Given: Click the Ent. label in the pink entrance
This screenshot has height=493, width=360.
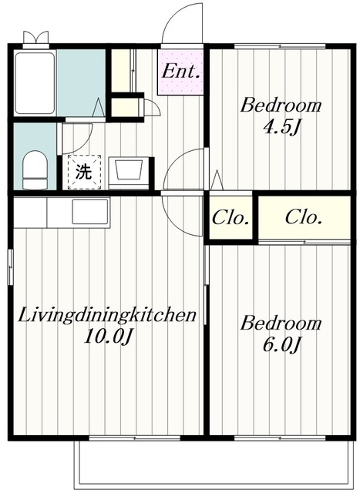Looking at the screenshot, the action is pyautogui.click(x=181, y=72).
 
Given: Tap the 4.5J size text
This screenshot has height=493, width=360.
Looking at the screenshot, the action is pyautogui.click(x=281, y=127).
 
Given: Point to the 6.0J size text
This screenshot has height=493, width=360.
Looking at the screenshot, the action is pyautogui.click(x=281, y=345).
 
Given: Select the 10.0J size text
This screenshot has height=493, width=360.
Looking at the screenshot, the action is pyautogui.click(x=108, y=337).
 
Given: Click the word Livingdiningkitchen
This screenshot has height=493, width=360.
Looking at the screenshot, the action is pyautogui.click(x=107, y=315).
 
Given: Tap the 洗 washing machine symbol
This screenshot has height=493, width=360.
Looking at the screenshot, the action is pyautogui.click(x=84, y=172).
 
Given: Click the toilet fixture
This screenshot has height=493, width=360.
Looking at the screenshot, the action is pyautogui.click(x=35, y=169).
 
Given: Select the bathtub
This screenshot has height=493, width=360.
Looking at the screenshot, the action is pyautogui.click(x=35, y=83).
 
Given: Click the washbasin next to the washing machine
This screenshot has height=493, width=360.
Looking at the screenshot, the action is pyautogui.click(x=129, y=173).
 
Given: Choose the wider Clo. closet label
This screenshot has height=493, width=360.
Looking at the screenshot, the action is pyautogui.click(x=304, y=217).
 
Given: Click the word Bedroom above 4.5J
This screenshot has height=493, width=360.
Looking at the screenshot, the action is pyautogui.click(x=281, y=106).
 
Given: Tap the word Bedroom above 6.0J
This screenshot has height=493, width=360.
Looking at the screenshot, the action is pyautogui.click(x=281, y=324).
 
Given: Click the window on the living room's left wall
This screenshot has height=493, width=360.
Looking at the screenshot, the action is pyautogui.click(x=11, y=267).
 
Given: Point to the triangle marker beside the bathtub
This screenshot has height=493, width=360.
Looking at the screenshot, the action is pyautogui.click(x=98, y=108).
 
